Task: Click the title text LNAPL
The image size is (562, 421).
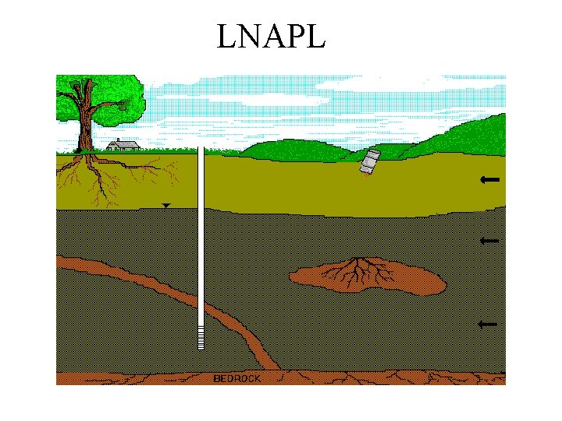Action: click(x=270, y=37)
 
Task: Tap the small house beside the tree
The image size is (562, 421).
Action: click(x=123, y=145)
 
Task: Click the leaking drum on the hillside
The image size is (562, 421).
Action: click(x=369, y=161)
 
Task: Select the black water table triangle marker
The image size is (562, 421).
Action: click(x=165, y=205)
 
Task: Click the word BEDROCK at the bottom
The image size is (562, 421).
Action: click(x=237, y=378)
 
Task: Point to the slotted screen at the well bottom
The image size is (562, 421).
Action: click(x=201, y=338)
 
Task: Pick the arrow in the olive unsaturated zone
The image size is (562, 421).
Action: click(x=490, y=180)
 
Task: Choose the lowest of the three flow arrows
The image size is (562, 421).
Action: click(x=489, y=324)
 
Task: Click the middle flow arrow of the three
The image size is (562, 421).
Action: click(x=489, y=242)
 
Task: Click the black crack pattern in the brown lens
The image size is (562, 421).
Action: click(x=355, y=270)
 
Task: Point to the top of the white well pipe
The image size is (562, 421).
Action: click(x=201, y=150)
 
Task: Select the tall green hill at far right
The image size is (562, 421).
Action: click(x=476, y=133)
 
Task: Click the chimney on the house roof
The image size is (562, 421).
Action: click(x=117, y=140)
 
